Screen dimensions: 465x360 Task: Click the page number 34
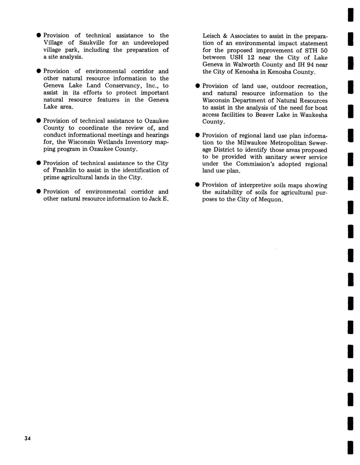[27, 438]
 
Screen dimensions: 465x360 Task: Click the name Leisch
[211, 36]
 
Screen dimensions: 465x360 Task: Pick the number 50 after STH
[323, 51]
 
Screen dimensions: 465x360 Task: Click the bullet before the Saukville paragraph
[39, 35]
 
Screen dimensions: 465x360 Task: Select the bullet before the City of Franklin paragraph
[39, 163]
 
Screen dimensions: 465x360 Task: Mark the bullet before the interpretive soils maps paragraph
[198, 185]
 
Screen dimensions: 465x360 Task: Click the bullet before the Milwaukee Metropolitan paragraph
[198, 135]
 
